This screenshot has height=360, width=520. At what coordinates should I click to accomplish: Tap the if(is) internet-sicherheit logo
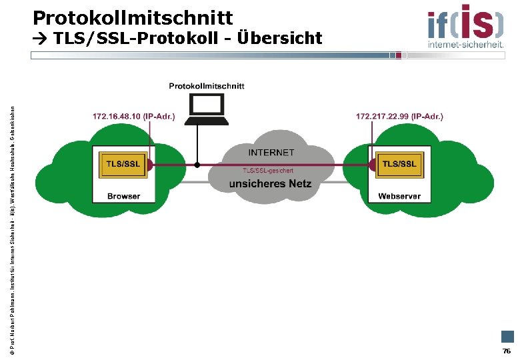pyautogui.click(x=465, y=25)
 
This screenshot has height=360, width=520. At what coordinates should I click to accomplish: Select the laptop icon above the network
pyautogui.click(x=206, y=109)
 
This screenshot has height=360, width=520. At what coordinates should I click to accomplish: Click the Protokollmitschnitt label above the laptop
pyautogui.click(x=207, y=85)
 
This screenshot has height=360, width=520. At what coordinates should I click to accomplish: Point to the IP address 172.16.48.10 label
pyautogui.click(x=133, y=117)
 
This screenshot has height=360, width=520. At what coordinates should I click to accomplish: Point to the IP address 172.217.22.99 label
pyautogui.click(x=399, y=117)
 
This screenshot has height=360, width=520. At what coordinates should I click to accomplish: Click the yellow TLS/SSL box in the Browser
pyautogui.click(x=123, y=165)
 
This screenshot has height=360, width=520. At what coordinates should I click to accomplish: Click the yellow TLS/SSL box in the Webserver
pyautogui.click(x=399, y=165)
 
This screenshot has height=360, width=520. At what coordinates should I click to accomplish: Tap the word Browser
pyautogui.click(x=124, y=196)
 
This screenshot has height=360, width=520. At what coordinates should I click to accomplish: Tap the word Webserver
pyautogui.click(x=399, y=196)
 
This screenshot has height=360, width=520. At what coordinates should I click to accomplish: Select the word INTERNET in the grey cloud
pyautogui.click(x=271, y=153)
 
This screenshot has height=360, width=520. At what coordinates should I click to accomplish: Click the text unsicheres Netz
pyautogui.click(x=270, y=183)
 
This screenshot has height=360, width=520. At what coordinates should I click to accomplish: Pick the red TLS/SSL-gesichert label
pyautogui.click(x=268, y=171)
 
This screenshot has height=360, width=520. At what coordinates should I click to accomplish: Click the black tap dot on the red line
pyautogui.click(x=197, y=165)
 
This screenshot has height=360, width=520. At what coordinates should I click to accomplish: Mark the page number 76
pyautogui.click(x=507, y=351)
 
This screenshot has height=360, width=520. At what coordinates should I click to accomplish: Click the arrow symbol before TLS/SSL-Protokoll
pyautogui.click(x=39, y=39)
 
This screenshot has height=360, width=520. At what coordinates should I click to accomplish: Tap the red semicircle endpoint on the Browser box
pyautogui.click(x=151, y=165)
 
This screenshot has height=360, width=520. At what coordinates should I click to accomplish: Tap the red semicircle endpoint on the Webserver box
pyautogui.click(x=371, y=165)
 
